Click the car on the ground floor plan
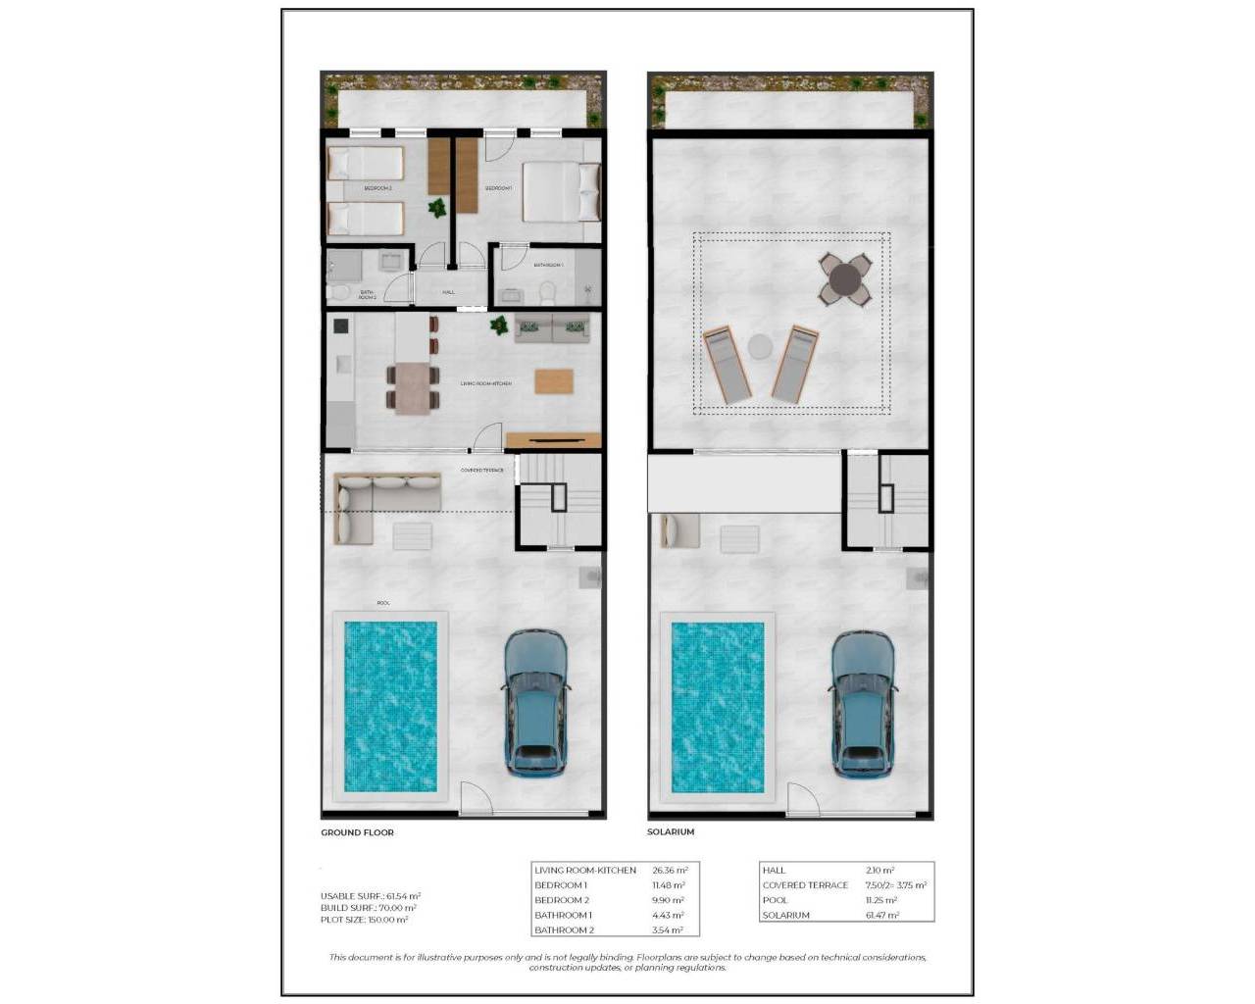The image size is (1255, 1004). coord(535,704)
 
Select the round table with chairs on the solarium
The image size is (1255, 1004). coord(845,280)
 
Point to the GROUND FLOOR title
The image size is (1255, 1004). coord(357,832)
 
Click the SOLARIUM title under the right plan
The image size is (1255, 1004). coord(671,832)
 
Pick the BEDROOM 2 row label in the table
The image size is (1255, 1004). coord(562,900)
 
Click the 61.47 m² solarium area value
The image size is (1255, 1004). coord(879,915)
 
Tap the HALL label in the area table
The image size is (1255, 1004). coord(775,870)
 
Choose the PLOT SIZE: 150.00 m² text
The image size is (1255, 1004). coord(364,920)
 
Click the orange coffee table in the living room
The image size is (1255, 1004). coord(554,380)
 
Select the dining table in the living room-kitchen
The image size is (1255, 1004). coord(412,387)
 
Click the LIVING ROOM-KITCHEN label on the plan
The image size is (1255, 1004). coord(485,383)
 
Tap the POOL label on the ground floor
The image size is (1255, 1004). coord(383,603)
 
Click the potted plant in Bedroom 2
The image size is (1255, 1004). coord(437,207)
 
